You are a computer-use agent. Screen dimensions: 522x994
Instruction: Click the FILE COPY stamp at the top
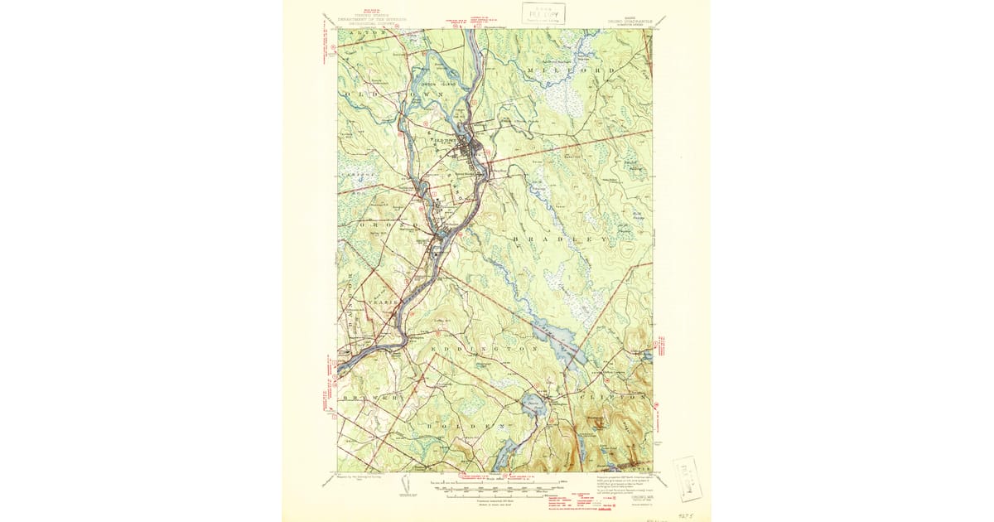tap(543, 12)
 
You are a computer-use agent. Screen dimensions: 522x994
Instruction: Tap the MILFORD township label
tap(572, 71)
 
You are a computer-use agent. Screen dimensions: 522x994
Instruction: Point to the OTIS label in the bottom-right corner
tap(637, 468)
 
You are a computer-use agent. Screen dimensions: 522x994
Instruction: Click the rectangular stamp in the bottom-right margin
tap(688, 478)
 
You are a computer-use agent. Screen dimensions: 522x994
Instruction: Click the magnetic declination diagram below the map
tap(405, 490)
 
